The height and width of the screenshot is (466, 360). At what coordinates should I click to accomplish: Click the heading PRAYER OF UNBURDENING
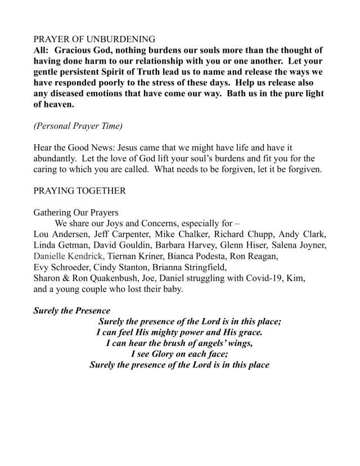pyautogui.click(x=94, y=39)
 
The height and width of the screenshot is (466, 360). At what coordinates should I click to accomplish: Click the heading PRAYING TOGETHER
pyautogui.click(x=80, y=191)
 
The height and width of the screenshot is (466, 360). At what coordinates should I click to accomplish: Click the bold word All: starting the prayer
pyautogui.click(x=42, y=51)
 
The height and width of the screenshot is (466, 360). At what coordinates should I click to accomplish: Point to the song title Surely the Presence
pyautogui.click(x=71, y=310)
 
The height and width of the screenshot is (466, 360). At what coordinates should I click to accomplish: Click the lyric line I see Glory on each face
pyautogui.click(x=179, y=353)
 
